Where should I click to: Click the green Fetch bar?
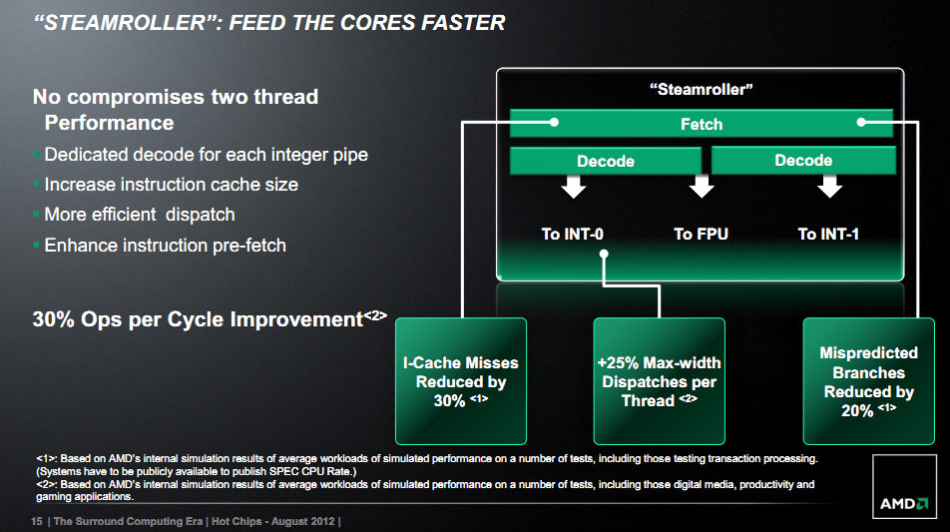(701, 124)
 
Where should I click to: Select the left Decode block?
(606, 161)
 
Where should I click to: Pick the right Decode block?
(803, 160)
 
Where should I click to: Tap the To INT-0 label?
(572, 234)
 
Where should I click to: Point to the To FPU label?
(701, 234)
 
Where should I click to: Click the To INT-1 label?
(828, 234)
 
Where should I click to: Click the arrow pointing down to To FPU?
(702, 187)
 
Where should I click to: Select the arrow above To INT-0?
(573, 187)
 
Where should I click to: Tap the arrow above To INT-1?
(829, 187)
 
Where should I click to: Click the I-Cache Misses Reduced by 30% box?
(460, 381)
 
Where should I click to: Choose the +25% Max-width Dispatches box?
(660, 381)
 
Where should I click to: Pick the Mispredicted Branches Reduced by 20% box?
(869, 381)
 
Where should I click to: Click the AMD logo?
(904, 503)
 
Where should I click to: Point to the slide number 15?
(36, 521)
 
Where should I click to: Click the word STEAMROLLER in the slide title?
(126, 23)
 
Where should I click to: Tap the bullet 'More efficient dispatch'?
(140, 215)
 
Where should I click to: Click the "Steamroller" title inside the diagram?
(701, 90)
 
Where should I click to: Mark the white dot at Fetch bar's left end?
(554, 123)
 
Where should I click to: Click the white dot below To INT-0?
(604, 255)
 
